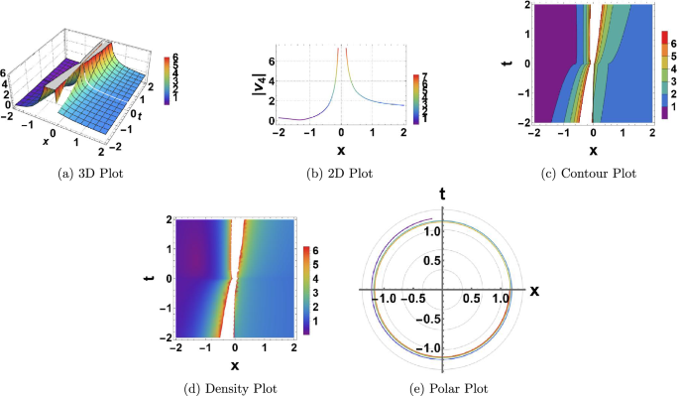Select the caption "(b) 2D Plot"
point(340,173)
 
